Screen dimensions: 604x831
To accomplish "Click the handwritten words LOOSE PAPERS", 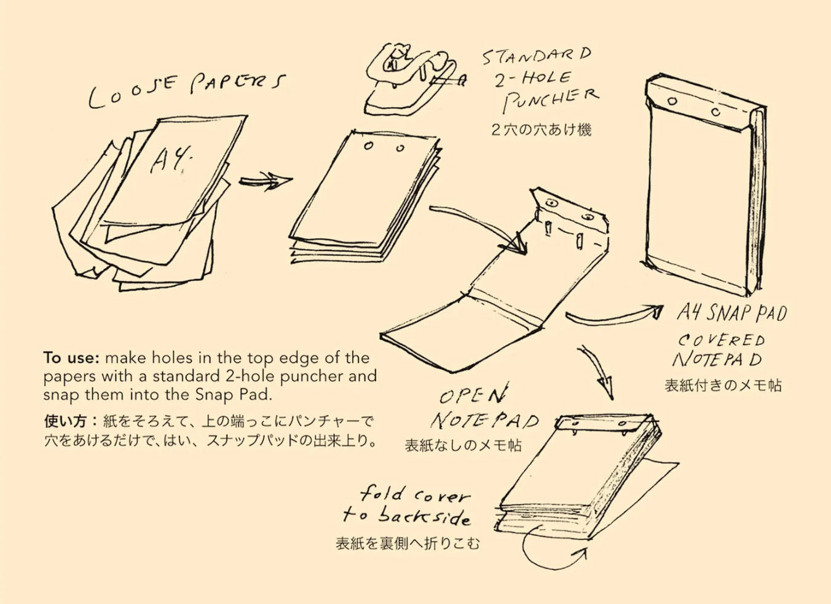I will [187, 91].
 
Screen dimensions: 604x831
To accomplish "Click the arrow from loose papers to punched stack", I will [265, 181].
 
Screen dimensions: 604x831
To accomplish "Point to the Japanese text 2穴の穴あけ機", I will [541, 130].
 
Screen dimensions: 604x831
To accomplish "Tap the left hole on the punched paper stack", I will [368, 146].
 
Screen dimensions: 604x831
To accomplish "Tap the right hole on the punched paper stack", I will [401, 148].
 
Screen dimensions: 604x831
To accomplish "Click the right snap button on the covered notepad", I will [715, 112].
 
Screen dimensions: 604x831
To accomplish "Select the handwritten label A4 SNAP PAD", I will [731, 313].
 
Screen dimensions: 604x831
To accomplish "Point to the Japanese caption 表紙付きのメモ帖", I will [723, 386].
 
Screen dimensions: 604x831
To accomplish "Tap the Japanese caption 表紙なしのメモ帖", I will [463, 445].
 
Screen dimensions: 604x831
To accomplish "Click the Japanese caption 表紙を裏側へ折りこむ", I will [408, 544].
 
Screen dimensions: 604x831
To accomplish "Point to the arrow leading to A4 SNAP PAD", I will [615, 315].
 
